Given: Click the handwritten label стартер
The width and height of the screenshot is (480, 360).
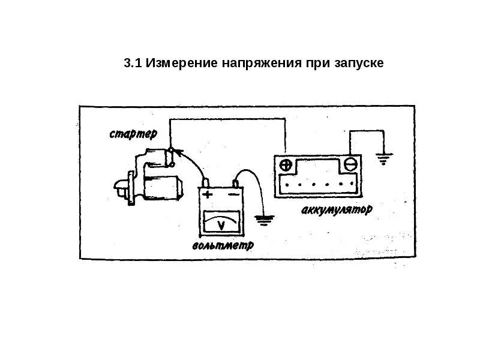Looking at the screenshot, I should [x=133, y=133].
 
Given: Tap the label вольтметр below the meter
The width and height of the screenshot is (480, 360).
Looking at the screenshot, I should [x=223, y=245].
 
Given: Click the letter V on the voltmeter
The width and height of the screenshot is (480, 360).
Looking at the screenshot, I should [x=221, y=226].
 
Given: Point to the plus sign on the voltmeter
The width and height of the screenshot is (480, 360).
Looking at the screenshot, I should [x=208, y=195].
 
